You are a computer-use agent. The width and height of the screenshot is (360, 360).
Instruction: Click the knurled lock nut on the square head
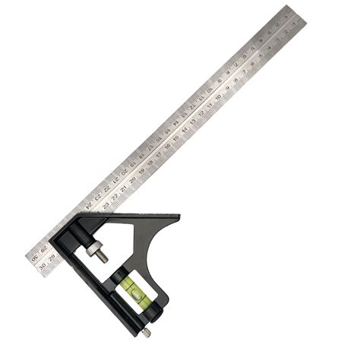coord(98,248)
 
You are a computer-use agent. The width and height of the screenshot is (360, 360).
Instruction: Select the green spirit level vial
coord(129,284)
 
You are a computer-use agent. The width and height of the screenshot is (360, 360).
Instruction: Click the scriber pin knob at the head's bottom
coord(145,331)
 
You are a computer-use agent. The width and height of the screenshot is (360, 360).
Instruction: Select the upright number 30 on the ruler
coord(43,265)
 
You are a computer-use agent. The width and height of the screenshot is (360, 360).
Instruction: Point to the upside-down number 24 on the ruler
coord(90,204)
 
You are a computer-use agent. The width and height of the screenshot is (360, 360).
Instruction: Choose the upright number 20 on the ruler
coord(132,180)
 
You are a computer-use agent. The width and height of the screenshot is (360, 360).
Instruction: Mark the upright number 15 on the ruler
coord(175,137)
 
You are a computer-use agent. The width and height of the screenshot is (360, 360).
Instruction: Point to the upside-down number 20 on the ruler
coord(124,172)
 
